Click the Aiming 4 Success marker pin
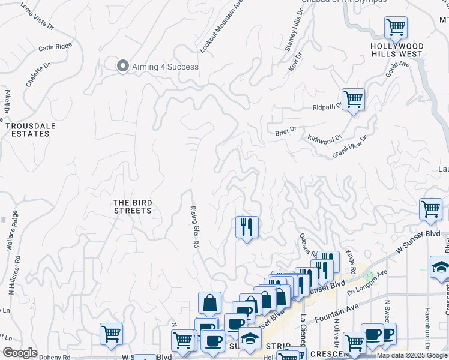coord(123,66)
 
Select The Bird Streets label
coord(132,207)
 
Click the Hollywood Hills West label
coord(397,50)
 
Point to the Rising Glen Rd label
coord(194,220)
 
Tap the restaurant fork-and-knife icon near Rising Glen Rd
coord(247,227)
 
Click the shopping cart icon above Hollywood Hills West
coord(396,27)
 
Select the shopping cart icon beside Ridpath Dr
coord(353,100)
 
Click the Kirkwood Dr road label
coord(324,139)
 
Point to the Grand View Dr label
coord(349,146)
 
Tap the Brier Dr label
coord(286,130)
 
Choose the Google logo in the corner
coord(20,353)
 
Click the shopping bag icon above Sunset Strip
coord(209,303)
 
